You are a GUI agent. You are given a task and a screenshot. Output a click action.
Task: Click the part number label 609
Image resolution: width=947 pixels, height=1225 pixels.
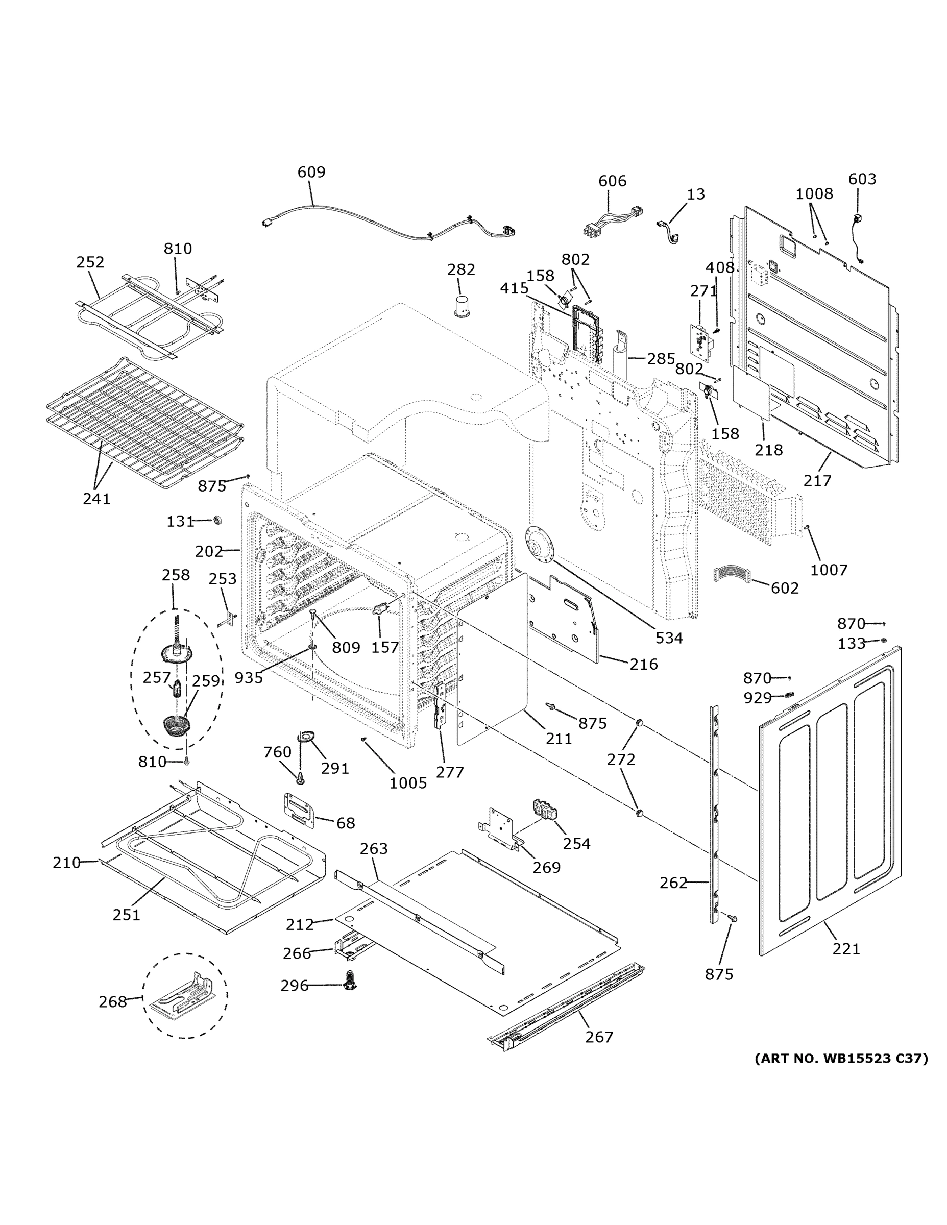[311, 172]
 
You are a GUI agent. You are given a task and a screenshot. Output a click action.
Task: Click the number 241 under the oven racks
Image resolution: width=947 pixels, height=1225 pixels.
[96, 499]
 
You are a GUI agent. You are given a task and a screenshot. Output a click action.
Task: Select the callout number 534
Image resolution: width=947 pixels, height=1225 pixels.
[669, 638]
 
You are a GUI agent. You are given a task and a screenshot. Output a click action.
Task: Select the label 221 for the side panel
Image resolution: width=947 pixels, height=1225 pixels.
[845, 949]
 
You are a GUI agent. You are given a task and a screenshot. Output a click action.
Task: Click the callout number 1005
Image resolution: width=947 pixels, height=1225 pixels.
[408, 783]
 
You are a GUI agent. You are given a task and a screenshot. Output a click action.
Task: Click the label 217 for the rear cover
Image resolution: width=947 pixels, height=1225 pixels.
[817, 481]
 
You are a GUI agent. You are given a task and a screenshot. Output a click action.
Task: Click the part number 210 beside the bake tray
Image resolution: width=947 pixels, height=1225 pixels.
[66, 863]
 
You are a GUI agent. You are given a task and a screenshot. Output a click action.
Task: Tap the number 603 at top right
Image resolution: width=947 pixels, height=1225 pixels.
[862, 179]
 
